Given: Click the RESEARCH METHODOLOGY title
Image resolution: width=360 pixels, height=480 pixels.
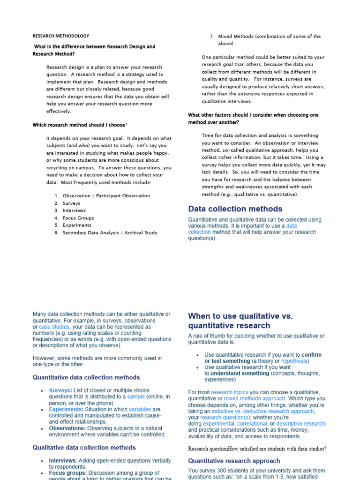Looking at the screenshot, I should click(61, 36).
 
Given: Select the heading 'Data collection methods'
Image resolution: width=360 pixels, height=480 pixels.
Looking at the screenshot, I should click(235, 209).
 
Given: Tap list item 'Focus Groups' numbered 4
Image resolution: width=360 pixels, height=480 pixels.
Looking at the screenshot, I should click(78, 218).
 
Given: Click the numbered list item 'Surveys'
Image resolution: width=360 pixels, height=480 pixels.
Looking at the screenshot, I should click(71, 203).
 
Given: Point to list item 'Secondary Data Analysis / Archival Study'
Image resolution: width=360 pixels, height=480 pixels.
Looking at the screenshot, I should click(110, 232).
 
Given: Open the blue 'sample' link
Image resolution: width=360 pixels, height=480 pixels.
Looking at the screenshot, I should click(136, 397).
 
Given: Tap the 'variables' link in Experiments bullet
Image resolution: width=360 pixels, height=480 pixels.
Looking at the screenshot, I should click(140, 409).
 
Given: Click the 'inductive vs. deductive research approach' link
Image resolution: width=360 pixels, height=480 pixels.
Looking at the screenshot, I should click(262, 411).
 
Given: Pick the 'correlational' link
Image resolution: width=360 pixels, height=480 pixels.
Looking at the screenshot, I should click(252, 423).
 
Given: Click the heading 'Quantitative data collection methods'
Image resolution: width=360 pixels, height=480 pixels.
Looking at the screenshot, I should click(86, 377).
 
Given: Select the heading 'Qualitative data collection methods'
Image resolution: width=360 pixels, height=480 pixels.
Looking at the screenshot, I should click(84, 448).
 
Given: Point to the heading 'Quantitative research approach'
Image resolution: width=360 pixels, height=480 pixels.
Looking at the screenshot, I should click(234, 461).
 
